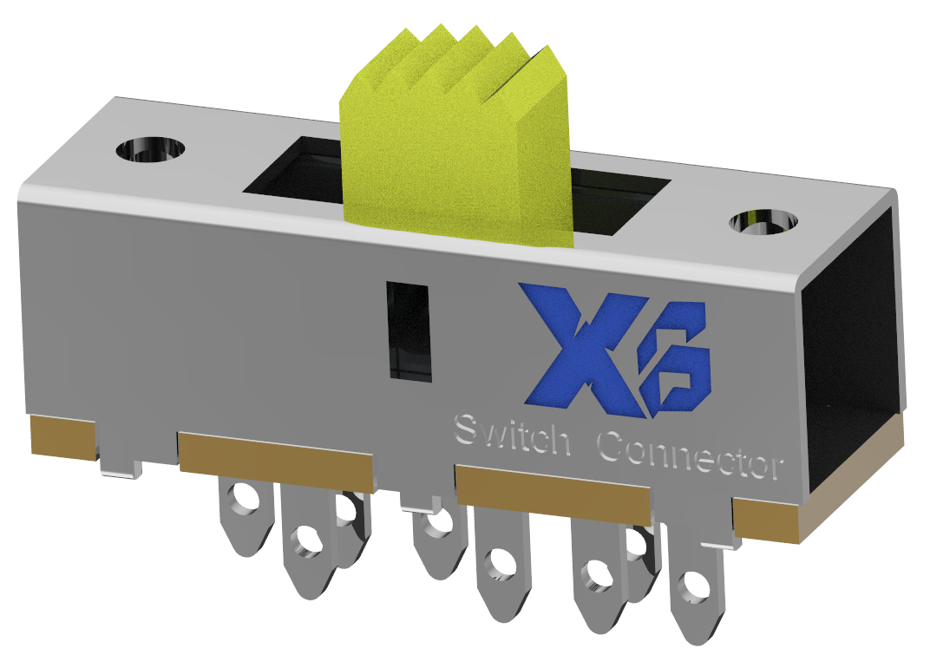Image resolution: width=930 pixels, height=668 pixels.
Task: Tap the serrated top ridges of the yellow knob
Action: click(451, 61)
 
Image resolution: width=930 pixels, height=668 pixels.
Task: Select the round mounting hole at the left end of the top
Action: click(151, 149)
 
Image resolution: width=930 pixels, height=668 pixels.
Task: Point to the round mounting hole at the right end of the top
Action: click(763, 221)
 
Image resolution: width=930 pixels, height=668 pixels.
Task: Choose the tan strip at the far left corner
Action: click(63, 435)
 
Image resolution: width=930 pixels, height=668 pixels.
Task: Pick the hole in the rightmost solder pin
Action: click(693, 587)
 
